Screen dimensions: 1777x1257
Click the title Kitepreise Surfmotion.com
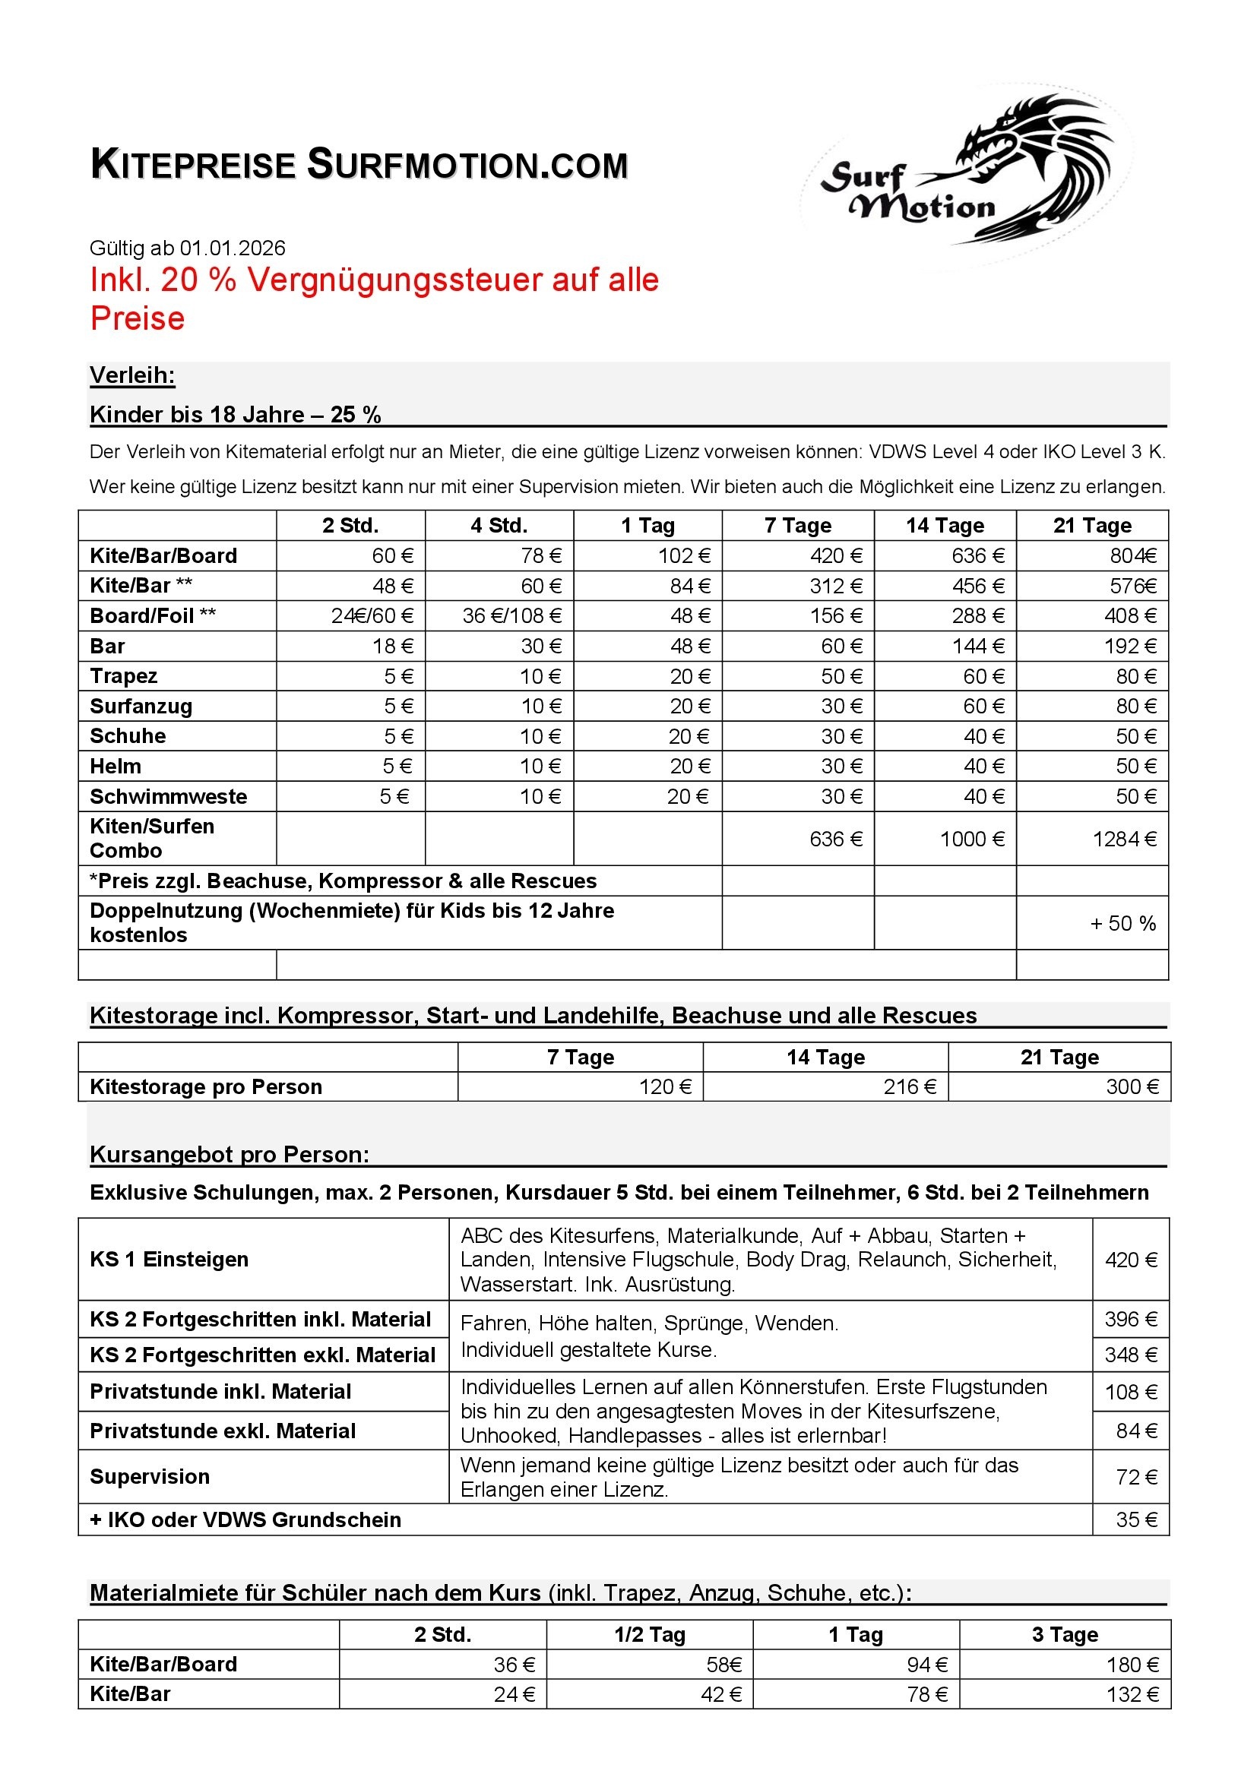pos(359,165)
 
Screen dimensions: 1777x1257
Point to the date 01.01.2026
pos(233,248)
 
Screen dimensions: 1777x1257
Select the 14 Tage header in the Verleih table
pos(945,526)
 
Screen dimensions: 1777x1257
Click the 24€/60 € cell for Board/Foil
pos(372,616)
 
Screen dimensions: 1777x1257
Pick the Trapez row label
pos(124,676)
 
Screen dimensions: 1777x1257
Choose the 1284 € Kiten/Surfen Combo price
pos(1124,839)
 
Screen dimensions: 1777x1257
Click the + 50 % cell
pos(1122,923)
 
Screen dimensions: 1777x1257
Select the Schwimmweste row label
pos(169,796)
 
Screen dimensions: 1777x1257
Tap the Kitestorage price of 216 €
pos(910,1087)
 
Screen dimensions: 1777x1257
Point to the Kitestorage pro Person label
pos(206,1087)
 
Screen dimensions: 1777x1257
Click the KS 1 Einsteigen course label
pos(169,1260)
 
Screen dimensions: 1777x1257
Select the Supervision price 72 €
pos(1136,1478)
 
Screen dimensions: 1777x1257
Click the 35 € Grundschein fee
pos(1136,1520)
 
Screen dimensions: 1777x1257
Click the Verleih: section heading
pos(132,375)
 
